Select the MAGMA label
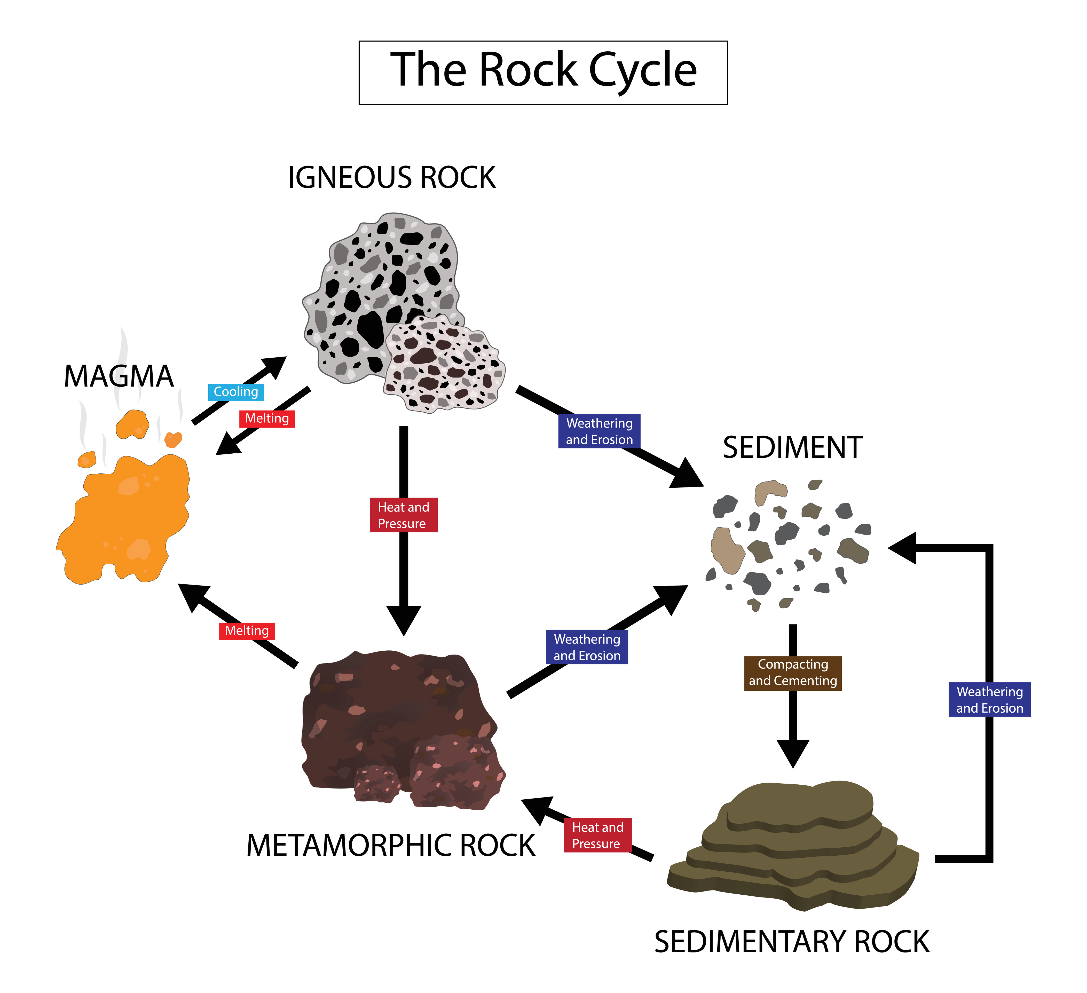[119, 376]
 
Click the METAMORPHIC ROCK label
[390, 845]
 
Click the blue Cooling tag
[236, 392]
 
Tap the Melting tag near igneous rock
[267, 418]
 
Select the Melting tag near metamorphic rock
[247, 631]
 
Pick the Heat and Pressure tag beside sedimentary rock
[597, 835]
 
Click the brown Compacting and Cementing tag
[793, 673]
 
